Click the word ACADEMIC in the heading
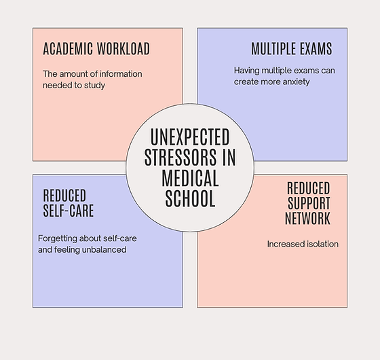coord(68,48)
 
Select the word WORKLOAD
coord(123,48)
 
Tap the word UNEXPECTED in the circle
coord(190,137)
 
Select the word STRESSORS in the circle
coord(180,158)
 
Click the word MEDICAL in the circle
coord(190,178)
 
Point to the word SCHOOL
coord(190,198)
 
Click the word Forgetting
coord(58,238)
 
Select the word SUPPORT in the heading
coord(309,203)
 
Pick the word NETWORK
coord(307,218)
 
